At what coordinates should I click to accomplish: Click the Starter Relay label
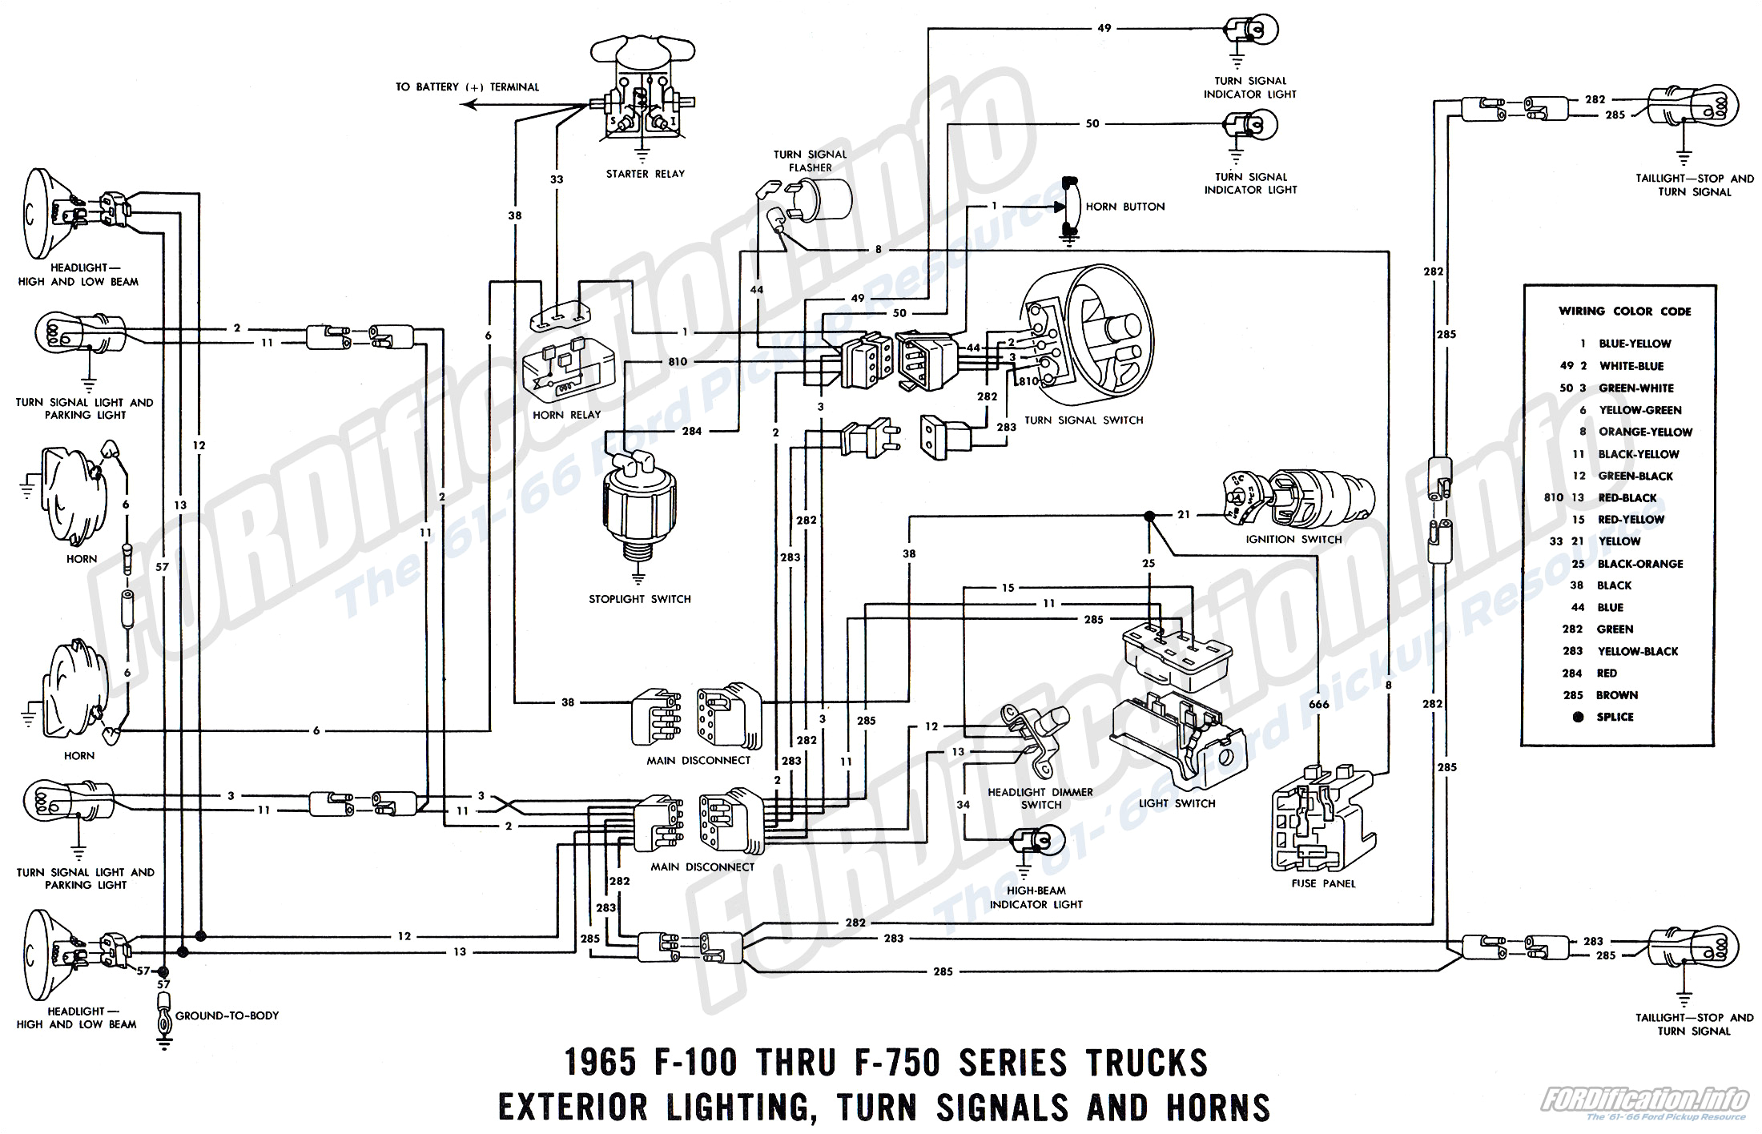[646, 174]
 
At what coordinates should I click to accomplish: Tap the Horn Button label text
[1124, 207]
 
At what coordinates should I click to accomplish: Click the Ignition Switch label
[1293, 539]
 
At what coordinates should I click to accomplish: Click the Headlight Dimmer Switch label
[1040, 798]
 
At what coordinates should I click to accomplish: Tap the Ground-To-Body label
[227, 1015]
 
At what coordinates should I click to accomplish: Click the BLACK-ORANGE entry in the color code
[1639, 564]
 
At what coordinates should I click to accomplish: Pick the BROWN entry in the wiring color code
[1616, 695]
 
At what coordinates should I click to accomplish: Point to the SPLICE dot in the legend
[1579, 718]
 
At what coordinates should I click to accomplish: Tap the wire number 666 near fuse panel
[1318, 705]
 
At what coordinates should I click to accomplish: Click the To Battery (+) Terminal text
[467, 87]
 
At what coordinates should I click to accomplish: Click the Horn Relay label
[566, 415]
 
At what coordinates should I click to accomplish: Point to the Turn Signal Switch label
[1084, 420]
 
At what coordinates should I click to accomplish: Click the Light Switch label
[1177, 803]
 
